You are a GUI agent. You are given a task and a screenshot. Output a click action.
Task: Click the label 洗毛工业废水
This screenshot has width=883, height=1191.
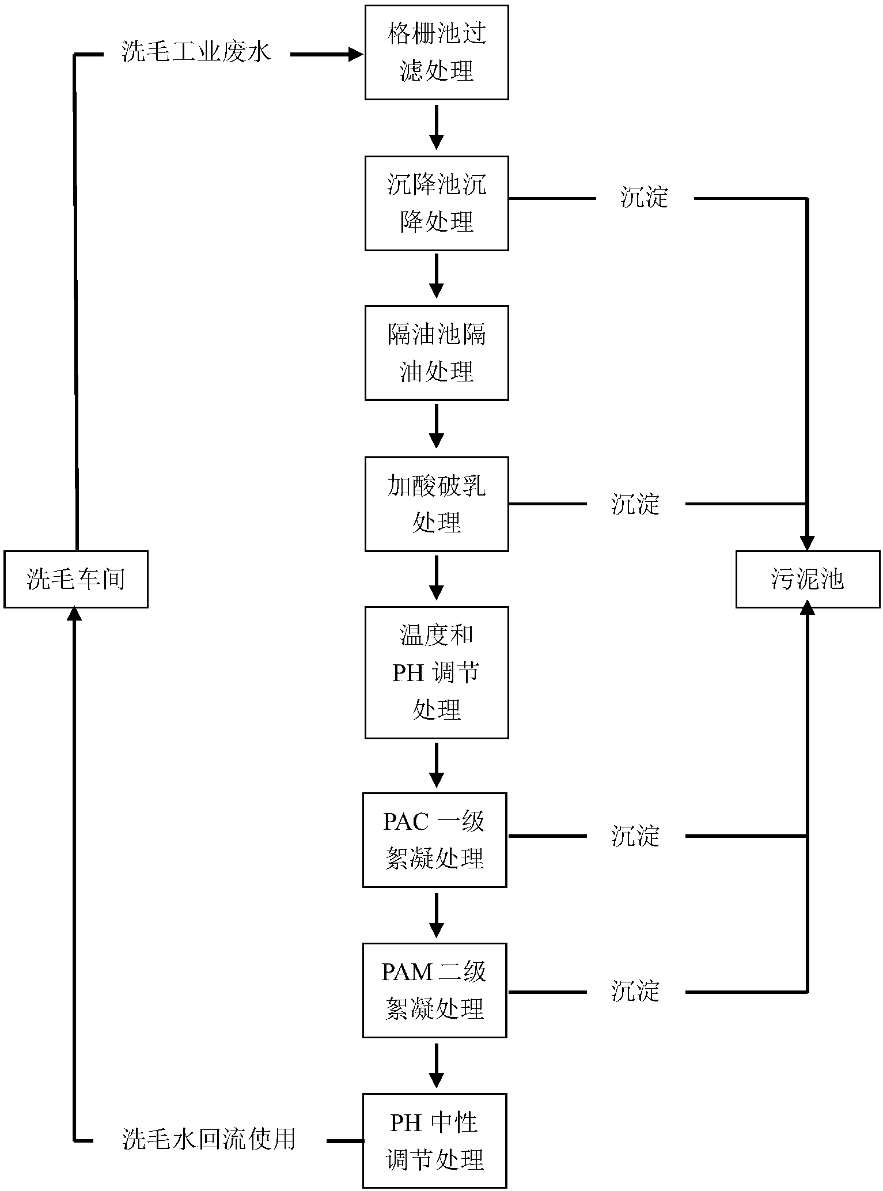[x=196, y=53]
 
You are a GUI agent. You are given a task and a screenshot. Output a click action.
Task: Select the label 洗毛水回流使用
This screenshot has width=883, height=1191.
[x=209, y=1139]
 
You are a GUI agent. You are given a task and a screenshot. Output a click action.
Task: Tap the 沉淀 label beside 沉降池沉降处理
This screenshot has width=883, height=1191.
[x=645, y=198]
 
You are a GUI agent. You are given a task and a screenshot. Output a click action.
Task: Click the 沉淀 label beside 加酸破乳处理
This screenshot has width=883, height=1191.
[x=635, y=504]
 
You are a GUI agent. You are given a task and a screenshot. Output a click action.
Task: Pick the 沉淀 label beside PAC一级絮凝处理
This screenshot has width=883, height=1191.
[x=635, y=836]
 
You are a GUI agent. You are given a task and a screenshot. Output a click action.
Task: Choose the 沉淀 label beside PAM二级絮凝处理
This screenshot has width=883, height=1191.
[x=635, y=992]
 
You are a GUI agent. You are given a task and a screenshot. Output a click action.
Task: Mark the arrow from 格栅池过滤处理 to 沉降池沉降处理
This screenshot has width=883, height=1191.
[x=437, y=127]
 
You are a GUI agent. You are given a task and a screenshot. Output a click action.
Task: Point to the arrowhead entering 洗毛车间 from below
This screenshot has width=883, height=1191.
[x=75, y=614]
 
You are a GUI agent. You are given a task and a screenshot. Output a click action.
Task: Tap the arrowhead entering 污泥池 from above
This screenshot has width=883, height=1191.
[x=808, y=543]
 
